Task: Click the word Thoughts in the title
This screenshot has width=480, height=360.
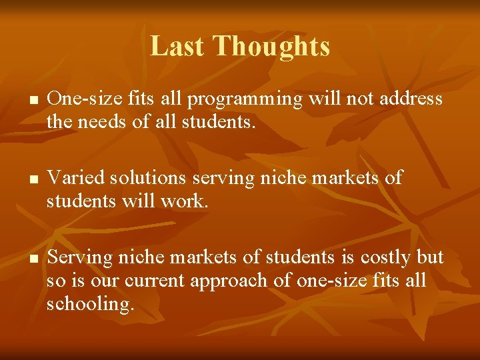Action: (x=271, y=46)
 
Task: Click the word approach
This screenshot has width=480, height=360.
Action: (x=233, y=281)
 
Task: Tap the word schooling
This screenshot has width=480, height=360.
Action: (x=90, y=303)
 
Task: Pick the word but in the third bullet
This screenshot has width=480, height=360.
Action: (x=430, y=257)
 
